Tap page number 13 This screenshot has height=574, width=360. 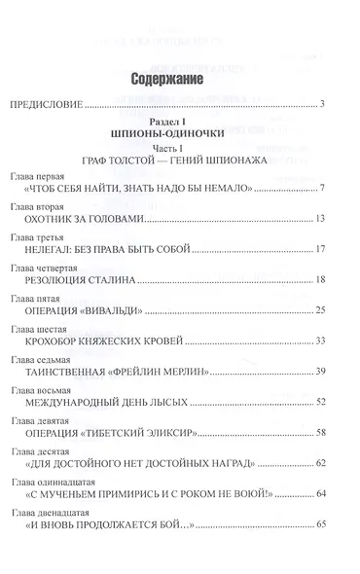pos(329,219)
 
